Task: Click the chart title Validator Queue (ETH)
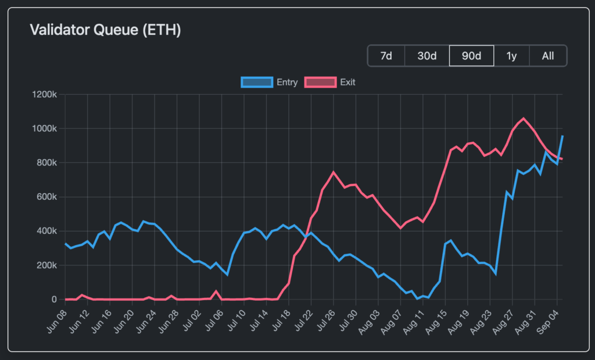(105, 30)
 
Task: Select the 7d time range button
(386, 56)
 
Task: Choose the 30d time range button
(427, 56)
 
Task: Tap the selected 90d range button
(471, 56)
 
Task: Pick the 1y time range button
(511, 56)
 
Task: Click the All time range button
(547, 56)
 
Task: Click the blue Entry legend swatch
(256, 82)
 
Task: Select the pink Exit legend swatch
(320, 82)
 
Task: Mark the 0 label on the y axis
(55, 300)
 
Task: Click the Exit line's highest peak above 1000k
(523, 118)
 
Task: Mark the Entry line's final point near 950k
(562, 136)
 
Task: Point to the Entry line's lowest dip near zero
(417, 298)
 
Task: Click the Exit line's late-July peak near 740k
(334, 172)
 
